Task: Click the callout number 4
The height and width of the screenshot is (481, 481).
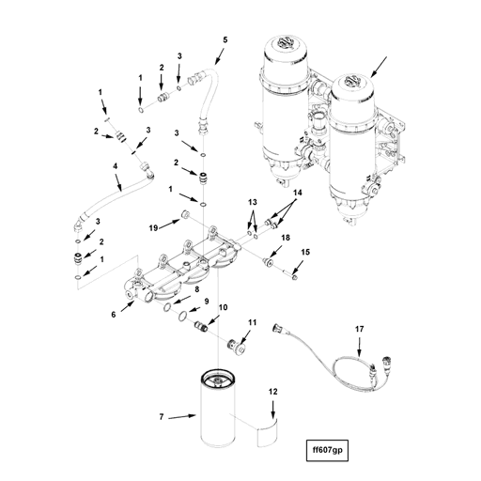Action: coord(115,166)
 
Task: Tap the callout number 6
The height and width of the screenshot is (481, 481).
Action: coord(114,315)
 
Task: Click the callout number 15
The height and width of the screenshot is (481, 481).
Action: coord(304,253)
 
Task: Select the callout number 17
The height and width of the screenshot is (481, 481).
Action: coord(358,328)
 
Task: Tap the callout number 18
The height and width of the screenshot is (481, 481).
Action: coord(286,239)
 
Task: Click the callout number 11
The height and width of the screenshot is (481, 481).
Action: coord(251,323)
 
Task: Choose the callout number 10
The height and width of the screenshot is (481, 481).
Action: coord(223,308)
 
